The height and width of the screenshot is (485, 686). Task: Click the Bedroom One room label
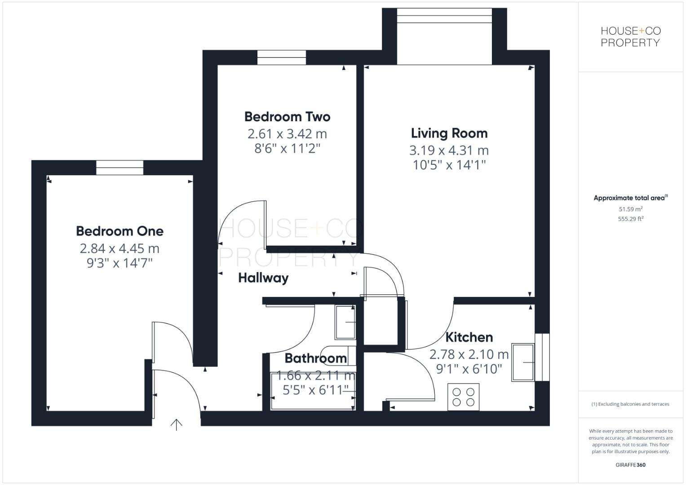click(x=119, y=231)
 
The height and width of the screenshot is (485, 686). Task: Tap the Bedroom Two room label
click(x=287, y=117)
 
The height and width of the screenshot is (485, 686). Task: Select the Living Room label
click(x=449, y=133)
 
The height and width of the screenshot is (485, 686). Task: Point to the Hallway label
click(x=263, y=278)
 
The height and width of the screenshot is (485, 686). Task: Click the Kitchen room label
click(x=469, y=337)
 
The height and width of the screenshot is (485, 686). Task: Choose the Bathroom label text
click(x=315, y=358)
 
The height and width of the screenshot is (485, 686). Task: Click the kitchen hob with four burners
click(x=464, y=397)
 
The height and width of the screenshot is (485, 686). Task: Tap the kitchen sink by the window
click(x=523, y=362)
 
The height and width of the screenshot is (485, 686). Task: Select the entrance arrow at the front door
click(x=176, y=424)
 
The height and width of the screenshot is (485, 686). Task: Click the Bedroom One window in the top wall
click(x=119, y=168)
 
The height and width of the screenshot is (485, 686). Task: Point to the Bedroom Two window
click(x=282, y=57)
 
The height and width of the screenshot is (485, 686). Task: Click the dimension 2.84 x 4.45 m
click(x=119, y=248)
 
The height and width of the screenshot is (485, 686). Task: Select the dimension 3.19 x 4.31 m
click(x=449, y=150)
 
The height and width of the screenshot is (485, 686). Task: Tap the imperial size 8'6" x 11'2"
click(x=287, y=148)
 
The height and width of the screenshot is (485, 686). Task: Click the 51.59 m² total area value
click(x=630, y=209)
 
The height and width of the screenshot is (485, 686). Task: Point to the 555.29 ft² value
click(x=630, y=219)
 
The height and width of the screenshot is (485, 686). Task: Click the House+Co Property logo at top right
click(x=630, y=37)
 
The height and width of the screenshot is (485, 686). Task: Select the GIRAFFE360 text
click(x=630, y=465)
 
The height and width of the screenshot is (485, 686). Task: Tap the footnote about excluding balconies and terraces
click(x=630, y=404)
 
